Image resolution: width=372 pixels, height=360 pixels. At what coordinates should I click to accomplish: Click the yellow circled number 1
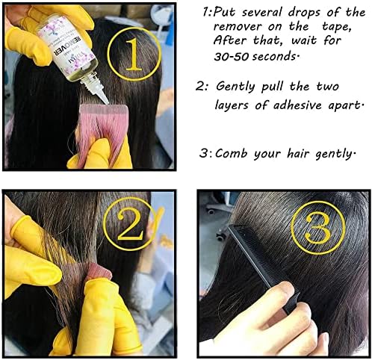134,54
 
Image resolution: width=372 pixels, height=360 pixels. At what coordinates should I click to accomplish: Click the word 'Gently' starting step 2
235,87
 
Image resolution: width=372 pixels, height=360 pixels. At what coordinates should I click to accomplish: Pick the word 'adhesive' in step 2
297,105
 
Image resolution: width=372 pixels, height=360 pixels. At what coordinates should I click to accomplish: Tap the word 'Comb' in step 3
232,153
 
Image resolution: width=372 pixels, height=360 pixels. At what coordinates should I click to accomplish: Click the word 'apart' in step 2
343,106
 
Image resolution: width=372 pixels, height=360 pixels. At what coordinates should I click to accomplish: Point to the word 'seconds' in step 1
274,57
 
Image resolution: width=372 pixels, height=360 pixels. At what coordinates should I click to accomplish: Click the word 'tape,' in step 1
337,27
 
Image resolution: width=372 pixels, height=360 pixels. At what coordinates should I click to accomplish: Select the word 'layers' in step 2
232,106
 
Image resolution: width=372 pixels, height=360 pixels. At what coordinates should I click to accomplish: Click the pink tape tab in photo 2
99,270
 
